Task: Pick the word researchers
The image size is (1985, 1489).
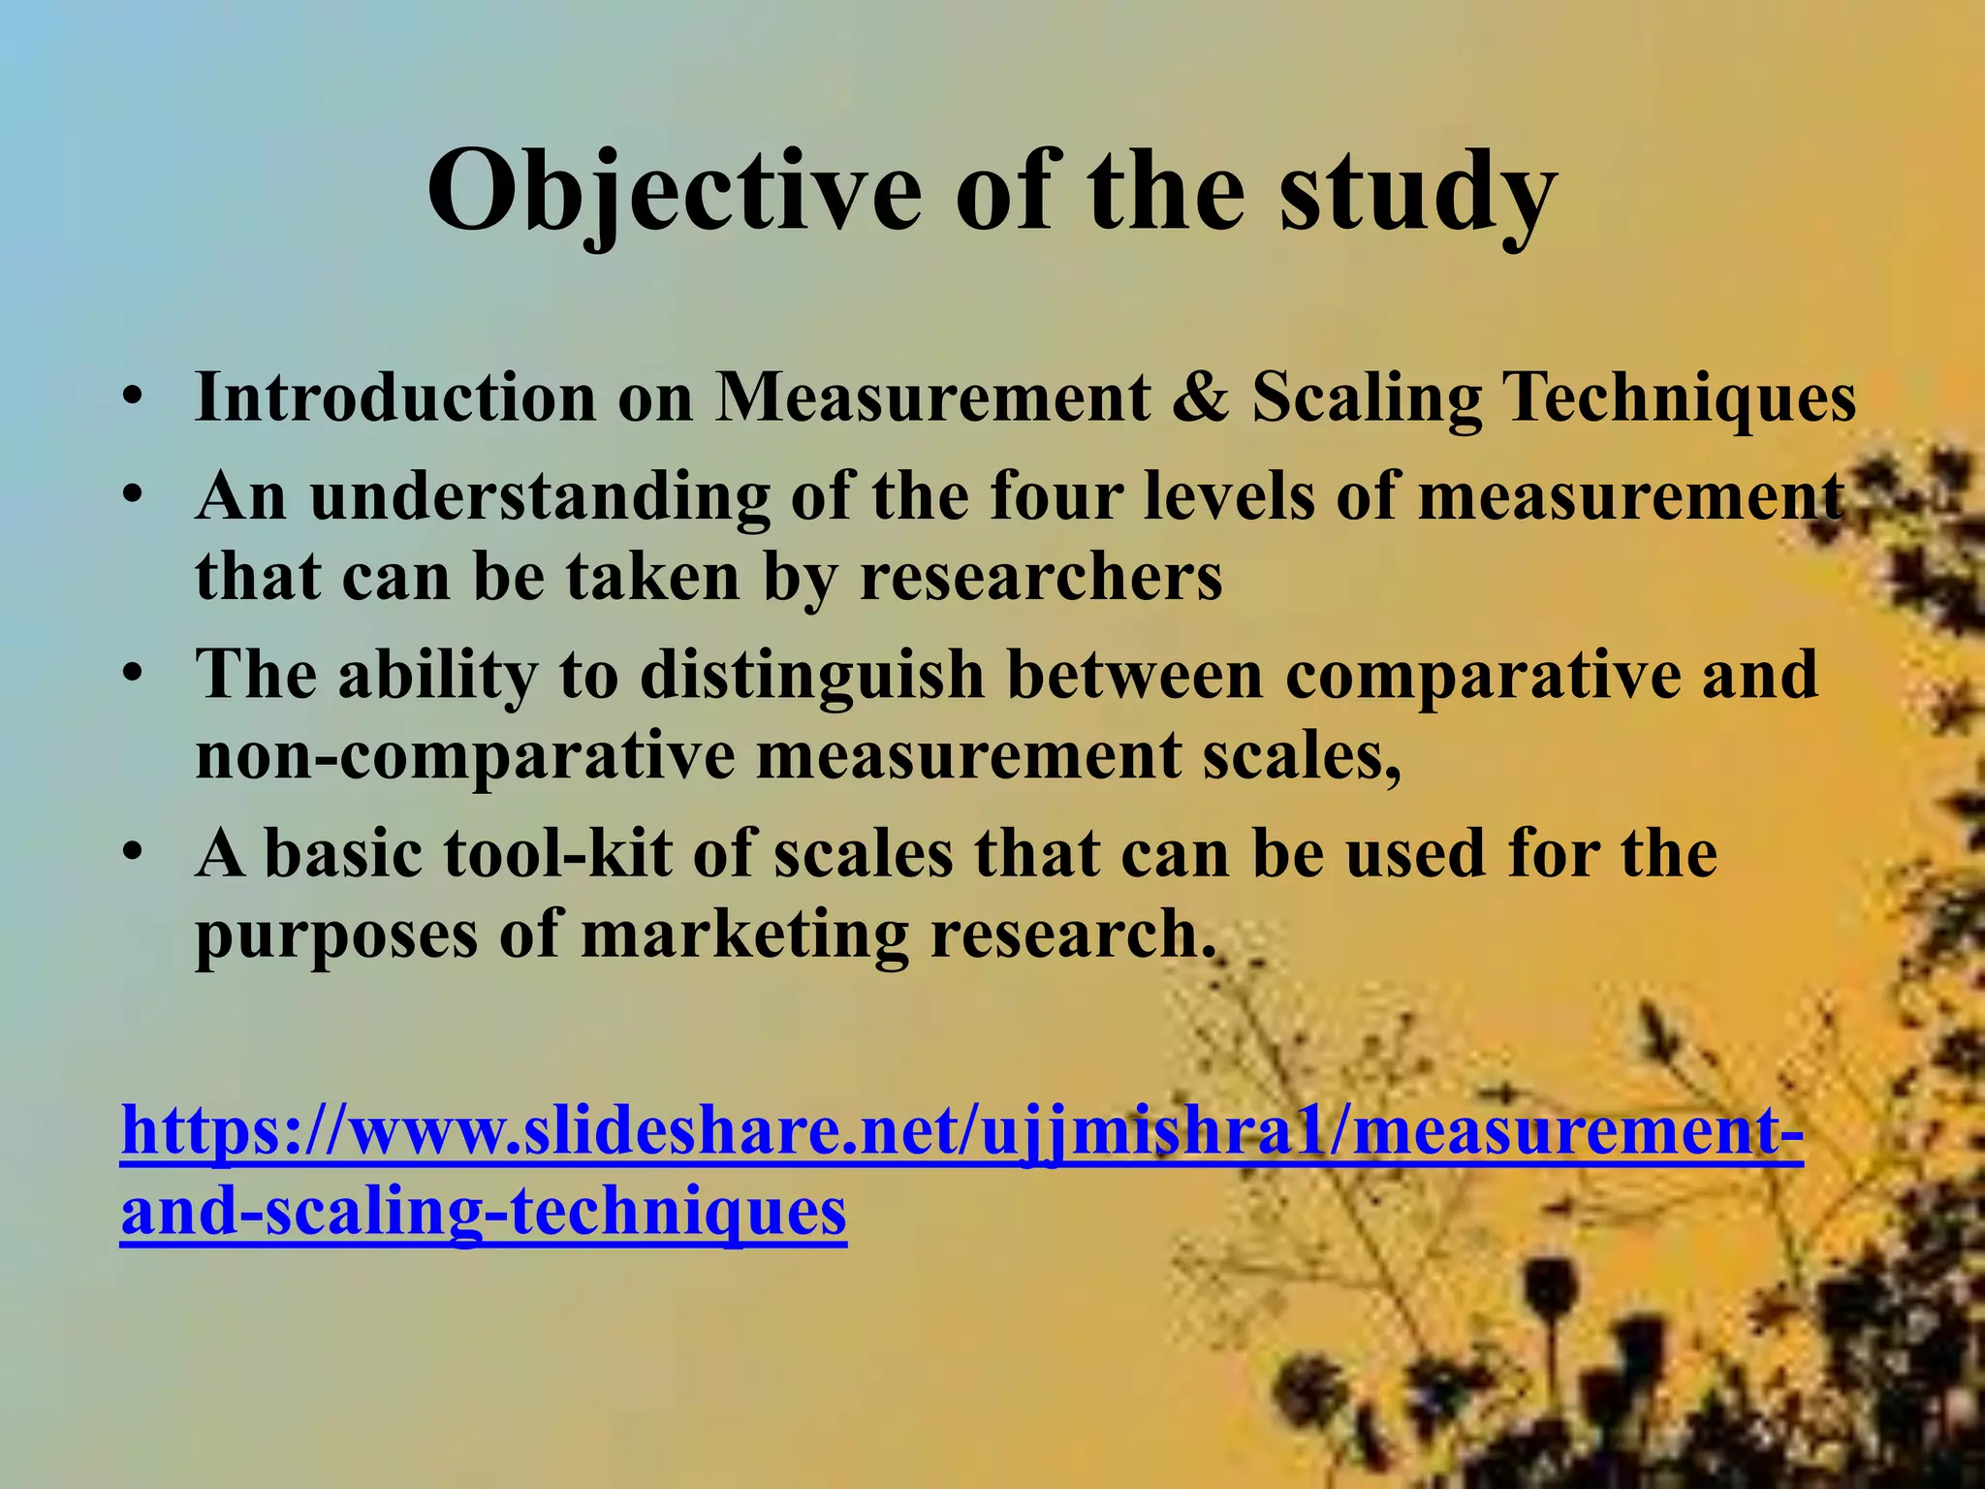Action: click(1041, 577)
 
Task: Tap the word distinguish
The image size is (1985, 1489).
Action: click(812, 674)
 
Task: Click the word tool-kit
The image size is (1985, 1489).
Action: click(557, 854)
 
